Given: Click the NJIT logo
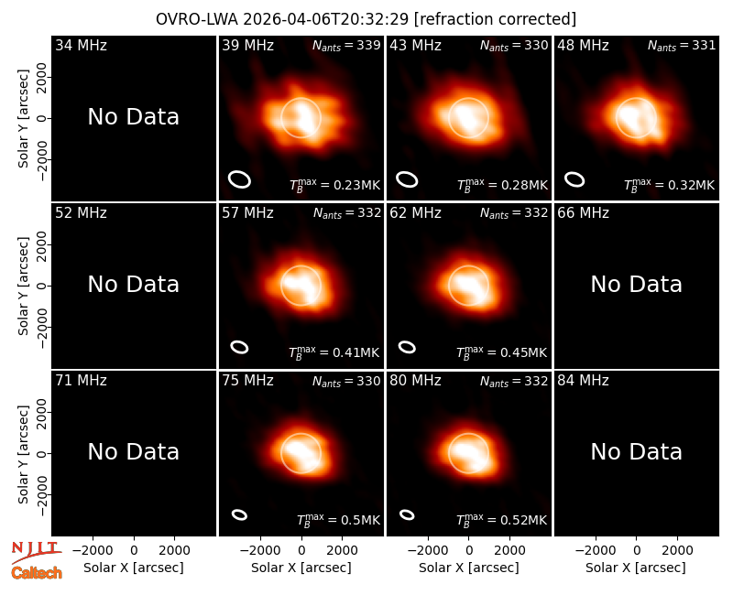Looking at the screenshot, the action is pyautogui.click(x=36, y=552).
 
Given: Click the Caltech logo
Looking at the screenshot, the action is pyautogui.click(x=37, y=573).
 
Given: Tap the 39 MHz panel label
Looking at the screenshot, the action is pyautogui.click(x=247, y=45).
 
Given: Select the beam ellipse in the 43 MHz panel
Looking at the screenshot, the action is pyautogui.click(x=407, y=179).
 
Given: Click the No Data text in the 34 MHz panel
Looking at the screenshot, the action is pyautogui.click(x=134, y=117).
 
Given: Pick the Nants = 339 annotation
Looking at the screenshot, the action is pyautogui.click(x=346, y=45).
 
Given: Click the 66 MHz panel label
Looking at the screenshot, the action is pyautogui.click(x=583, y=213).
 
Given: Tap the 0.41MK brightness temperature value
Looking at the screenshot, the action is pyautogui.click(x=356, y=352).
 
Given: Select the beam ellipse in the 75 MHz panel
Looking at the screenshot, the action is pyautogui.click(x=239, y=514).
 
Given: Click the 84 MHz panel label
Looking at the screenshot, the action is pyautogui.click(x=583, y=381).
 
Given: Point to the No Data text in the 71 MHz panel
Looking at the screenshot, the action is pyautogui.click(x=134, y=452).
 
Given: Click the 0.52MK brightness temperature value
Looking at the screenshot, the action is pyautogui.click(x=523, y=520).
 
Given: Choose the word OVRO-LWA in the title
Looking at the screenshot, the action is pyautogui.click(x=197, y=19).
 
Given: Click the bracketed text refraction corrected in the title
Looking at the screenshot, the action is pyautogui.click(x=495, y=19).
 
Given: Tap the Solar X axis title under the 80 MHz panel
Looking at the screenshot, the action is pyautogui.click(x=469, y=568).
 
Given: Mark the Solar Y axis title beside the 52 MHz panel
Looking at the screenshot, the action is pyautogui.click(x=24, y=286).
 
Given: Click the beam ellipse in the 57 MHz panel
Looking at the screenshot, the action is pyautogui.click(x=239, y=347).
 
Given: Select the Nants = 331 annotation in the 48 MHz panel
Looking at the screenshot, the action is pyautogui.click(x=682, y=45).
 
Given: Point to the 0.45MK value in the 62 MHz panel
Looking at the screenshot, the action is pyautogui.click(x=523, y=352).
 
